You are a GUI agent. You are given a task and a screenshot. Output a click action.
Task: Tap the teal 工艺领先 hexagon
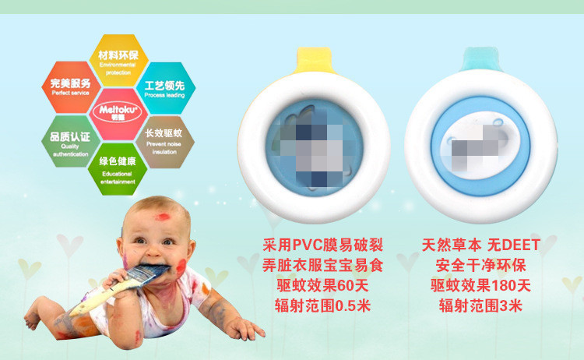click(164, 85)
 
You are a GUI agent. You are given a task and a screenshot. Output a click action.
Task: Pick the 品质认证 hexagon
click(71, 139)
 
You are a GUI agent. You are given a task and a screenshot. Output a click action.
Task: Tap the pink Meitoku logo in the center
click(118, 111)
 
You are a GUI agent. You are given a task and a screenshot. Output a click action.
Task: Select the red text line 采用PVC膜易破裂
click(322, 245)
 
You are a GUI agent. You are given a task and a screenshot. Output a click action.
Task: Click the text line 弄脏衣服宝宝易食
click(322, 265)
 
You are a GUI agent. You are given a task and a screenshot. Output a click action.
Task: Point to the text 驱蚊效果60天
click(322, 285)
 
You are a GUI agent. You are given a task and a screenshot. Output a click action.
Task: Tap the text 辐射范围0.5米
click(322, 305)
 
